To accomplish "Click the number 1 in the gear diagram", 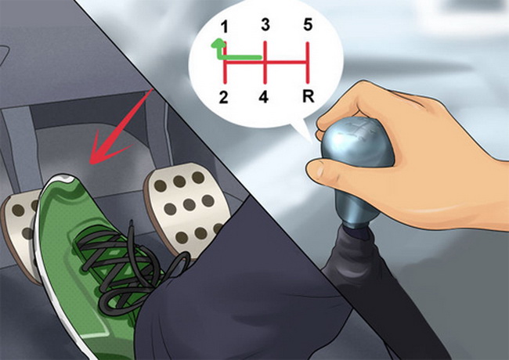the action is (x=224, y=27).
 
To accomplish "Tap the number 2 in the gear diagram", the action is (x=223, y=97).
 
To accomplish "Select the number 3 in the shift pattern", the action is (x=265, y=24).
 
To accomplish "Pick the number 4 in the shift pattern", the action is (x=264, y=96).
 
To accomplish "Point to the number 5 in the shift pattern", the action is (x=308, y=24).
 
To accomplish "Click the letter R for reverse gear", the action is (x=309, y=96).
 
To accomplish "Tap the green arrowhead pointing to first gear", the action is (x=218, y=44).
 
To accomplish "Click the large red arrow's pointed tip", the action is (x=91, y=163).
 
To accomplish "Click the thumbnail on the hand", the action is (x=316, y=168).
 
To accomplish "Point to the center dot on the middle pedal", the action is (x=189, y=204).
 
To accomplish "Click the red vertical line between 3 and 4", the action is (x=265, y=62).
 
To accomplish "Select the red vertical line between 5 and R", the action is (x=308, y=63).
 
